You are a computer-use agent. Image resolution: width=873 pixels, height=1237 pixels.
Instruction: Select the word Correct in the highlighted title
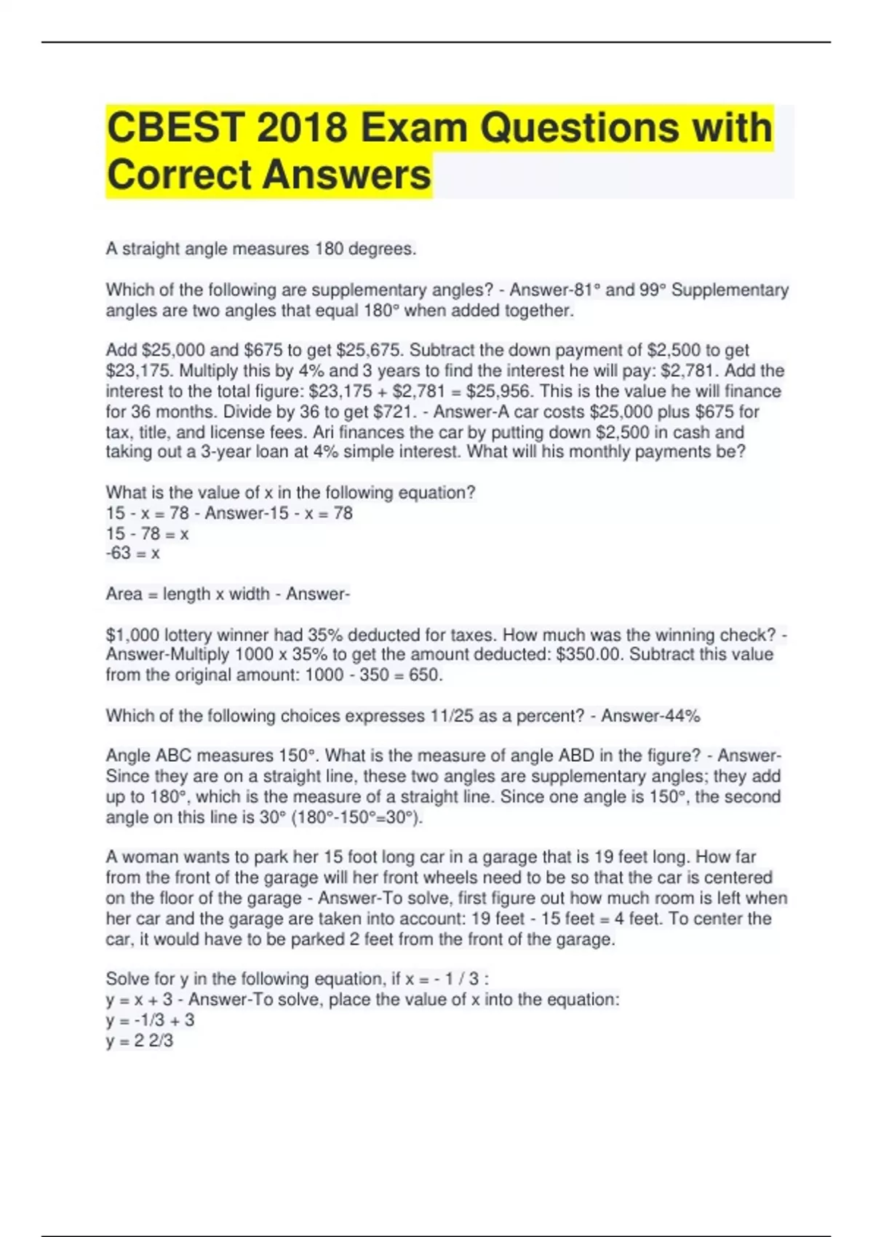pyautogui.click(x=179, y=175)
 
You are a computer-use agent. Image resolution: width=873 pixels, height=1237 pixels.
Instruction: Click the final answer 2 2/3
pyautogui.click(x=153, y=1041)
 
